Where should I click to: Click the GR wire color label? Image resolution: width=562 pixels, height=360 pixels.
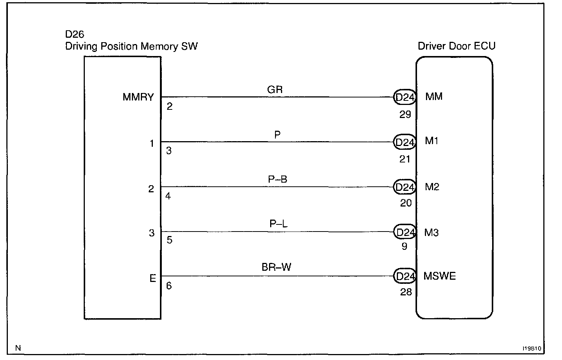pos(275,90)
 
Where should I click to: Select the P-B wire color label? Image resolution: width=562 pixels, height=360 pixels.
pos(278,180)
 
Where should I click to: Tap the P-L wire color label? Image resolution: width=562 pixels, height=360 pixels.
pos(278,224)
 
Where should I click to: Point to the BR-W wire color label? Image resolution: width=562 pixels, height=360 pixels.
pos(277,267)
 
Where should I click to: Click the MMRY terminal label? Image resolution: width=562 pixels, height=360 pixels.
pos(138,97)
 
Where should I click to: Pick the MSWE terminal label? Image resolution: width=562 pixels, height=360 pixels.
pos(439,276)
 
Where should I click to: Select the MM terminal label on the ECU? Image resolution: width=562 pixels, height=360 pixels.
pos(434,97)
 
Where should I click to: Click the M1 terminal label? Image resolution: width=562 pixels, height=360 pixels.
pos(432,141)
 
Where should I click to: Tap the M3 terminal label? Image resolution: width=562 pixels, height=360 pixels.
pos(432,233)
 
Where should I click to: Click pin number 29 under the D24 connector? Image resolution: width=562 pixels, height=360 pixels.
pos(405,115)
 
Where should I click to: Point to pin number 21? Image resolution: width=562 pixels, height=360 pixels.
pos(405,159)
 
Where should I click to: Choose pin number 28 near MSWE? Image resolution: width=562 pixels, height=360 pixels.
pos(406,292)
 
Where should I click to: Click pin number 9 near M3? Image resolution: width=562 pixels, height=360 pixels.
pos(404,246)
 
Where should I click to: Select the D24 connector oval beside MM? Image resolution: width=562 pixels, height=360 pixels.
pos(405,98)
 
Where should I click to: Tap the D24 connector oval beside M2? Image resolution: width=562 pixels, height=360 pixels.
pos(405,187)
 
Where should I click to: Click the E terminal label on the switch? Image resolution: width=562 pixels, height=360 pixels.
pos(152,279)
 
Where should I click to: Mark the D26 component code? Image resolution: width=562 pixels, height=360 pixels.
pos(75,35)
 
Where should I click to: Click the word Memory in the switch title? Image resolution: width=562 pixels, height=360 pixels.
pos(159,46)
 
